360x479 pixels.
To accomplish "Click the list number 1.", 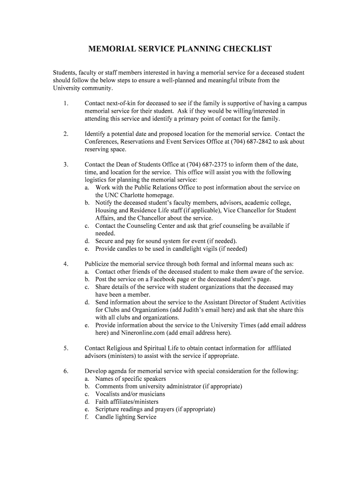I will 65,103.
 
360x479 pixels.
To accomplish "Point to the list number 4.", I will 65,264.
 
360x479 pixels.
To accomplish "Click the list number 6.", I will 65,371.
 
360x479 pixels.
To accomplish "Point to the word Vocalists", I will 108,394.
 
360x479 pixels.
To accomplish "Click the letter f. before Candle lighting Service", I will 87,417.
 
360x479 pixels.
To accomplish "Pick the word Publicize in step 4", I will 99,264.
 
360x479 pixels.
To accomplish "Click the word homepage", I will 158,195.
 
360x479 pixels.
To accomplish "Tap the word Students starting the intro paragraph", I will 64,73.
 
